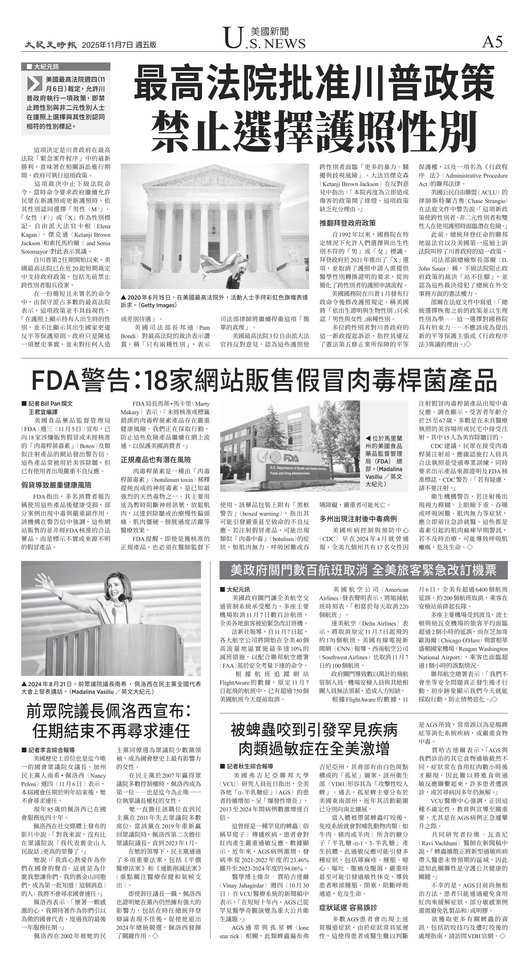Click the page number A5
click(492, 42)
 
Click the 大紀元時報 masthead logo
click(51, 45)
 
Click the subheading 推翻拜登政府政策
click(348, 223)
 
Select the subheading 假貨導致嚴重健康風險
click(56, 485)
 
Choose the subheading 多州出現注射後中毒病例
click(358, 519)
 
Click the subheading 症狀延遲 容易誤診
click(348, 907)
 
